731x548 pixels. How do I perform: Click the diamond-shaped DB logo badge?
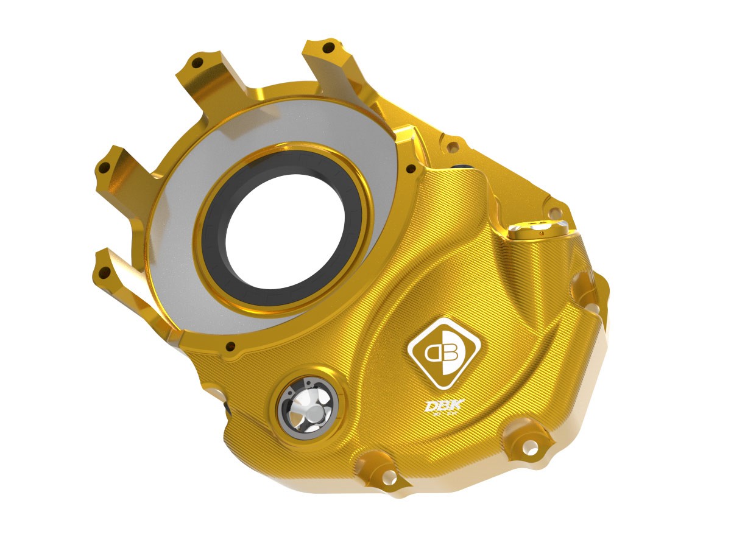pyautogui.click(x=444, y=353)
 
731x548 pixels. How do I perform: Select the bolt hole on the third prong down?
pyautogui.click(x=104, y=166)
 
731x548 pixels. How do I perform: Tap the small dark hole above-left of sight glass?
pyautogui.click(x=230, y=348)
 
